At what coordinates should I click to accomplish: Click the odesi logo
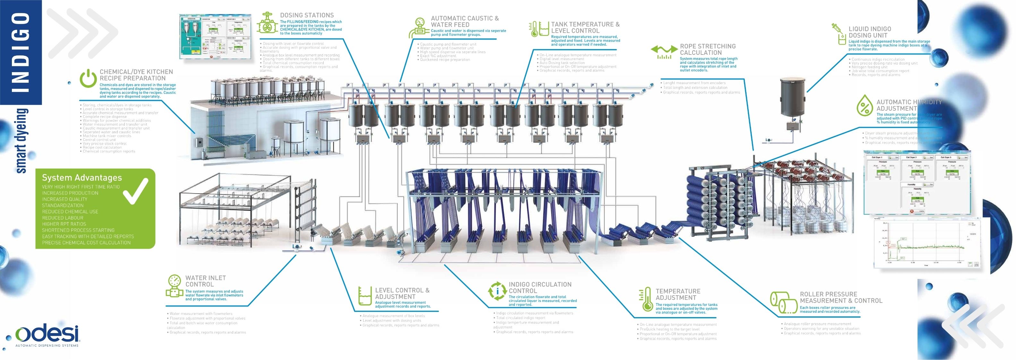[x=48, y=335]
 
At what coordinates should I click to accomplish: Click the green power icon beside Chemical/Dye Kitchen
[x=88, y=79]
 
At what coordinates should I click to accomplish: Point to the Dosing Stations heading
[x=306, y=15]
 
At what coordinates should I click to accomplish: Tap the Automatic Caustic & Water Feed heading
[x=464, y=21]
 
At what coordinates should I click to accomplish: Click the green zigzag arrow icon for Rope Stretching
[x=664, y=52]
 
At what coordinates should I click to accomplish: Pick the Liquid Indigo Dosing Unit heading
[x=869, y=32]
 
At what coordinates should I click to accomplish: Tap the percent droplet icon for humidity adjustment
[x=864, y=106]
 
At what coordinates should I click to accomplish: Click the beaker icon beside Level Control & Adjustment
[x=364, y=296]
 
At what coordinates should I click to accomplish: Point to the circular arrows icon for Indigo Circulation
[x=497, y=291]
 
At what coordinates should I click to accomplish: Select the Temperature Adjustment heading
[x=678, y=295]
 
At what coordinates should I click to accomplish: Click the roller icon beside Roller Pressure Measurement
[x=783, y=302]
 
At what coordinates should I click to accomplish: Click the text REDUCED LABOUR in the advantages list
[x=62, y=218]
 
